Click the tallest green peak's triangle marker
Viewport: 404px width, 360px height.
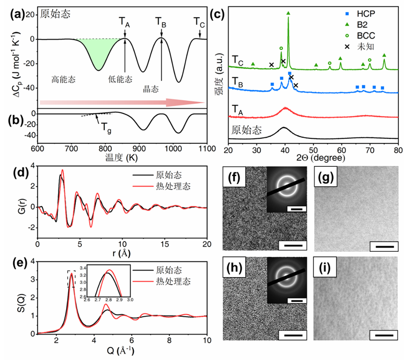click(288, 13)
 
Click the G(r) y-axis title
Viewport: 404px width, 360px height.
click(22, 203)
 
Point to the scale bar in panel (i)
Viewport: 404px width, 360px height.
click(381, 336)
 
